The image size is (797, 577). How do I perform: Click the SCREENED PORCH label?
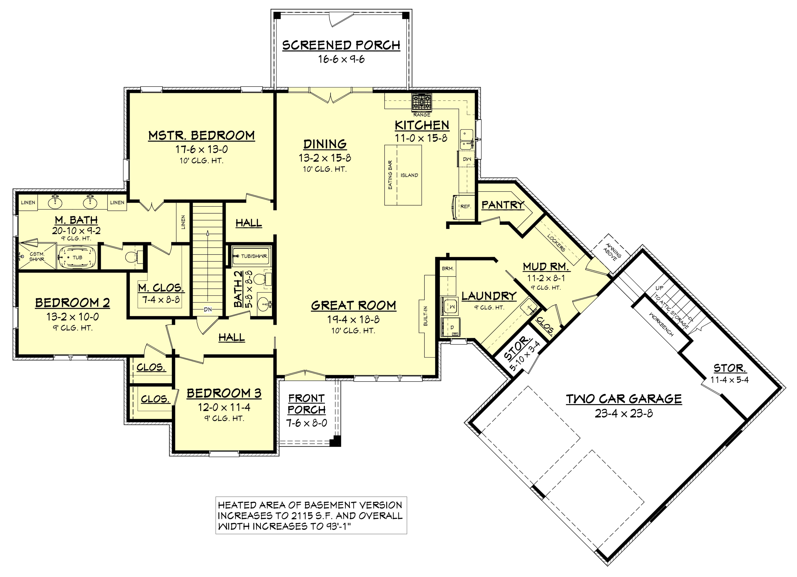[341, 45]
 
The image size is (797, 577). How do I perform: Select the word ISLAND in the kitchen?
[409, 175]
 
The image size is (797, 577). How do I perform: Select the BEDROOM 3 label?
[224, 393]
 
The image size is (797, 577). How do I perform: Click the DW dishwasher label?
[467, 159]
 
